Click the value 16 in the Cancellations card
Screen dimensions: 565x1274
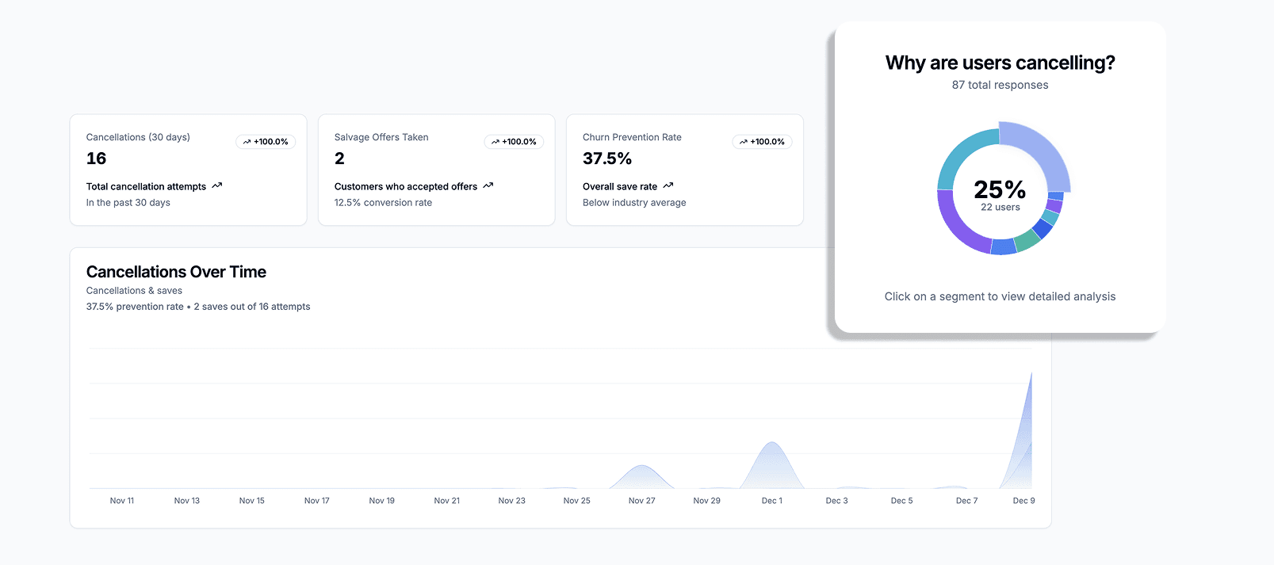point(96,158)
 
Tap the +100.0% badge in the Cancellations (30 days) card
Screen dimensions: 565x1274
point(266,142)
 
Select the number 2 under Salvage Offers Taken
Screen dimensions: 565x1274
point(339,158)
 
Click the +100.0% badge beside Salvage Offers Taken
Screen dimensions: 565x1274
point(514,142)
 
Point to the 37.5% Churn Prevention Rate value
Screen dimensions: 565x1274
point(606,158)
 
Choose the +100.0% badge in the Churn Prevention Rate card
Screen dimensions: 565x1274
point(762,142)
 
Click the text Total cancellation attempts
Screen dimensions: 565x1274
point(146,187)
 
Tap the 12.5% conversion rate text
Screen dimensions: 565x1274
point(383,203)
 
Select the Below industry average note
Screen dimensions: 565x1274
point(634,203)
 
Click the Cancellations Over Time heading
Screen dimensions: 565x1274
point(176,272)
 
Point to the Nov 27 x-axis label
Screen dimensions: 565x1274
point(641,501)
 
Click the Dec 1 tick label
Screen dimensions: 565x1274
point(771,501)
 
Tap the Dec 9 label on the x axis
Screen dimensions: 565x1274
point(1023,501)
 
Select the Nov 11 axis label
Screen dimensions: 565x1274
point(122,501)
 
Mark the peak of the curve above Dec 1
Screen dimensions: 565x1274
point(771,443)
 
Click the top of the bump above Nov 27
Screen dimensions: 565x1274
point(642,466)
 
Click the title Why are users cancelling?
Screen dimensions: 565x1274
point(1000,63)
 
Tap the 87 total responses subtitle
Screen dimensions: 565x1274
point(1000,86)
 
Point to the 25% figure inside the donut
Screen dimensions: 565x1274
point(1000,190)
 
